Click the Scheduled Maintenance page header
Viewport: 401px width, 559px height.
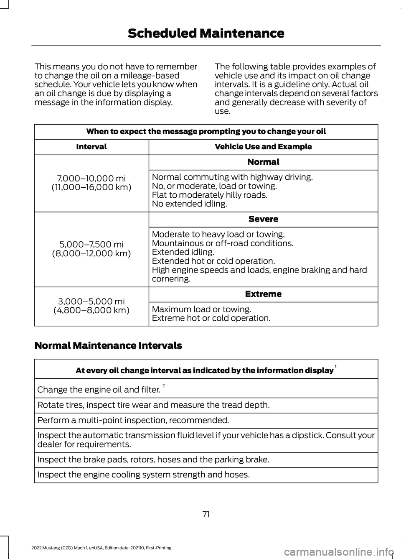tap(206, 33)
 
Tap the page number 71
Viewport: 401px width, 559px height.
tap(206, 514)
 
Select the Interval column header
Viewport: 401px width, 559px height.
tap(91, 147)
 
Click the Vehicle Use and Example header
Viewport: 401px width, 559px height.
tap(263, 147)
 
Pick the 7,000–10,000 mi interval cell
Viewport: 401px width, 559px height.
tap(91, 183)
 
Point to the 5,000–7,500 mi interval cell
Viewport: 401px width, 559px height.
tap(91, 249)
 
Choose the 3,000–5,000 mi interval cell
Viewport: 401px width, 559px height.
tap(91, 306)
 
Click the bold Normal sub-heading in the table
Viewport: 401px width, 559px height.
tap(263, 162)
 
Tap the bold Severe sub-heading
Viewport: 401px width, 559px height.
tap(263, 219)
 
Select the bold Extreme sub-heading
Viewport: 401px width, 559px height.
tap(263, 294)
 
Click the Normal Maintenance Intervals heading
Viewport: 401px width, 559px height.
tap(108, 346)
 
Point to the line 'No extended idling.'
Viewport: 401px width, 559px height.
tap(190, 204)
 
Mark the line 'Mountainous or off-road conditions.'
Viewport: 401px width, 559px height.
tap(223, 243)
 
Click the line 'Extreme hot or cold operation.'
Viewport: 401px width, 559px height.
tap(211, 318)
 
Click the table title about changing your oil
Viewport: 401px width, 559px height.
tap(206, 131)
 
